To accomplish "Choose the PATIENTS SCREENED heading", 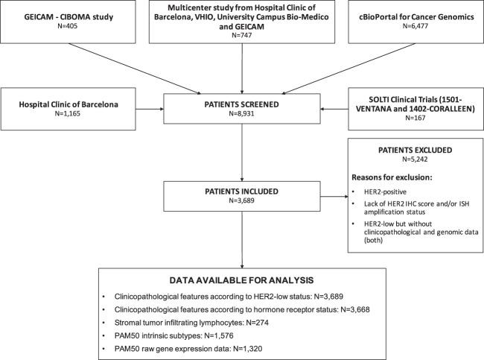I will [x=241, y=104].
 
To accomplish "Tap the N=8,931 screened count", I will [x=241, y=116].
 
